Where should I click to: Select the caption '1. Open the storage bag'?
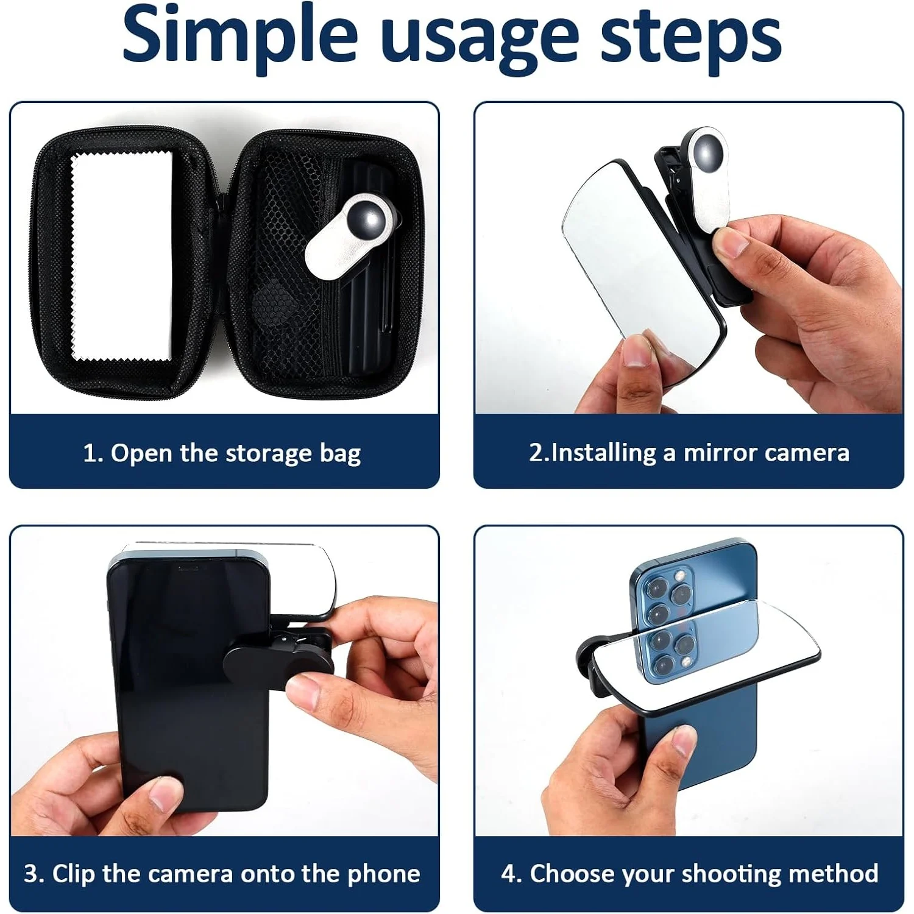pyautogui.click(x=222, y=453)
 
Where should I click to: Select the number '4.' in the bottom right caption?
pyautogui.click(x=511, y=873)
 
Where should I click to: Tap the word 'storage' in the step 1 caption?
pyautogui.click(x=268, y=453)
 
